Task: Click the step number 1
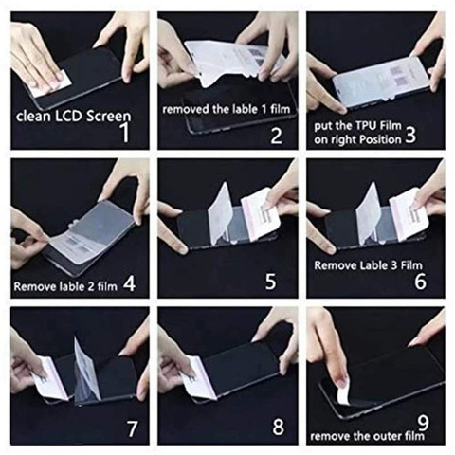point(125,133)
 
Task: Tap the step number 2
point(277,136)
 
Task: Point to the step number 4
point(129,283)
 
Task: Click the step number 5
point(270,281)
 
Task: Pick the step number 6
point(421,282)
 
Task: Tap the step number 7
point(132,428)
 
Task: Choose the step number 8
point(279,427)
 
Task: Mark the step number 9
point(423,423)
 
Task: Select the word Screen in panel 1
point(108,117)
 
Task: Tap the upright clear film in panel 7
point(86,370)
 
